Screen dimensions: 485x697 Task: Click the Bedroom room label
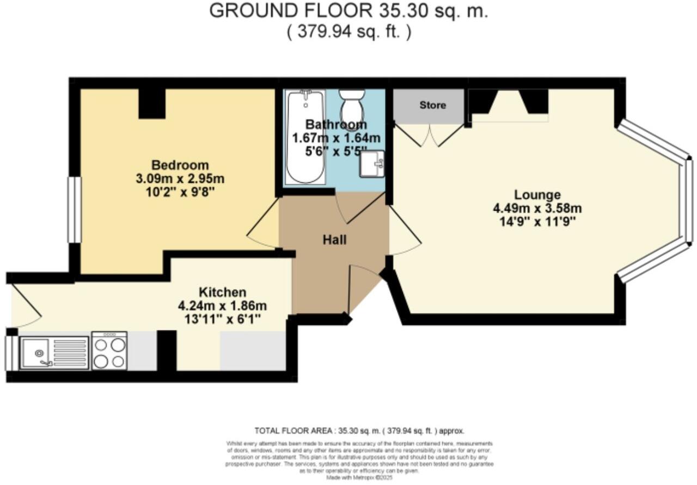click(x=180, y=165)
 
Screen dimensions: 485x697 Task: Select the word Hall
click(x=334, y=240)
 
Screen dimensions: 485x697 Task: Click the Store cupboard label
click(x=432, y=105)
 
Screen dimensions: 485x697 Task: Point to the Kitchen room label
click(x=222, y=292)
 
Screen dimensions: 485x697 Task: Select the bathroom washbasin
click(x=372, y=164)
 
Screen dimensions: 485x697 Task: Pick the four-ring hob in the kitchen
click(x=109, y=351)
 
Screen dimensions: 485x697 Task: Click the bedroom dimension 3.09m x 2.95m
click(x=180, y=179)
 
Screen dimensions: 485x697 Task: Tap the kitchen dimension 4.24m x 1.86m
click(x=222, y=305)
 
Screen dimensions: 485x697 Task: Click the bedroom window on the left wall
click(x=74, y=210)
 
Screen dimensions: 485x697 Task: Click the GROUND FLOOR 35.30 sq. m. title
click(x=348, y=11)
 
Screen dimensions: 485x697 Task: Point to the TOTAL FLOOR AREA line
click(x=359, y=430)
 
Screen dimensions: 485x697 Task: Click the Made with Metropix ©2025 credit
click(x=359, y=477)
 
